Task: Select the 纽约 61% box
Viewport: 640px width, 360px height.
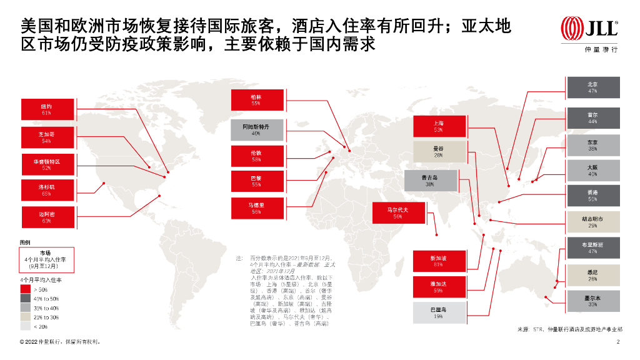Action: [x=47, y=109]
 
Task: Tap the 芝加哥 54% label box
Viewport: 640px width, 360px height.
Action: [x=47, y=137]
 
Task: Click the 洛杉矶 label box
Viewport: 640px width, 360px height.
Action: [x=47, y=189]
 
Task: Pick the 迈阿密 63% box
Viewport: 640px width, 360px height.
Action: [x=47, y=217]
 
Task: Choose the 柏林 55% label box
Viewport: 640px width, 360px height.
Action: [x=256, y=100]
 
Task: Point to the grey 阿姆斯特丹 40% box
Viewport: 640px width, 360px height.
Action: [x=256, y=129]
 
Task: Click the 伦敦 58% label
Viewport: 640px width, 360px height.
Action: [x=256, y=156]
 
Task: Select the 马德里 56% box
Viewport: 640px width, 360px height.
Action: [x=256, y=207]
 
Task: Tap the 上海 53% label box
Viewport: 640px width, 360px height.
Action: [x=438, y=126]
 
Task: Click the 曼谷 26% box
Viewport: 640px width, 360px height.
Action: [x=438, y=152]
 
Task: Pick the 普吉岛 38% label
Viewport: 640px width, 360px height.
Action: [x=429, y=181]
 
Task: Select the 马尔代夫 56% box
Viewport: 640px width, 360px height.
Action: [x=398, y=213]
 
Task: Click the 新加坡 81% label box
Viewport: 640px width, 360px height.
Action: [x=438, y=261]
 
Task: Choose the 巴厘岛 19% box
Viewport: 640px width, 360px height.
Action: [x=438, y=312]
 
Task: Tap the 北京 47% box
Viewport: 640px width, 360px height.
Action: [x=592, y=87]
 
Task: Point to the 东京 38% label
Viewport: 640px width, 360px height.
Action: [x=592, y=146]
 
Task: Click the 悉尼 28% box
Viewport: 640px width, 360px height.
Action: [x=592, y=276]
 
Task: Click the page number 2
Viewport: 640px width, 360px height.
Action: [x=617, y=342]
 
